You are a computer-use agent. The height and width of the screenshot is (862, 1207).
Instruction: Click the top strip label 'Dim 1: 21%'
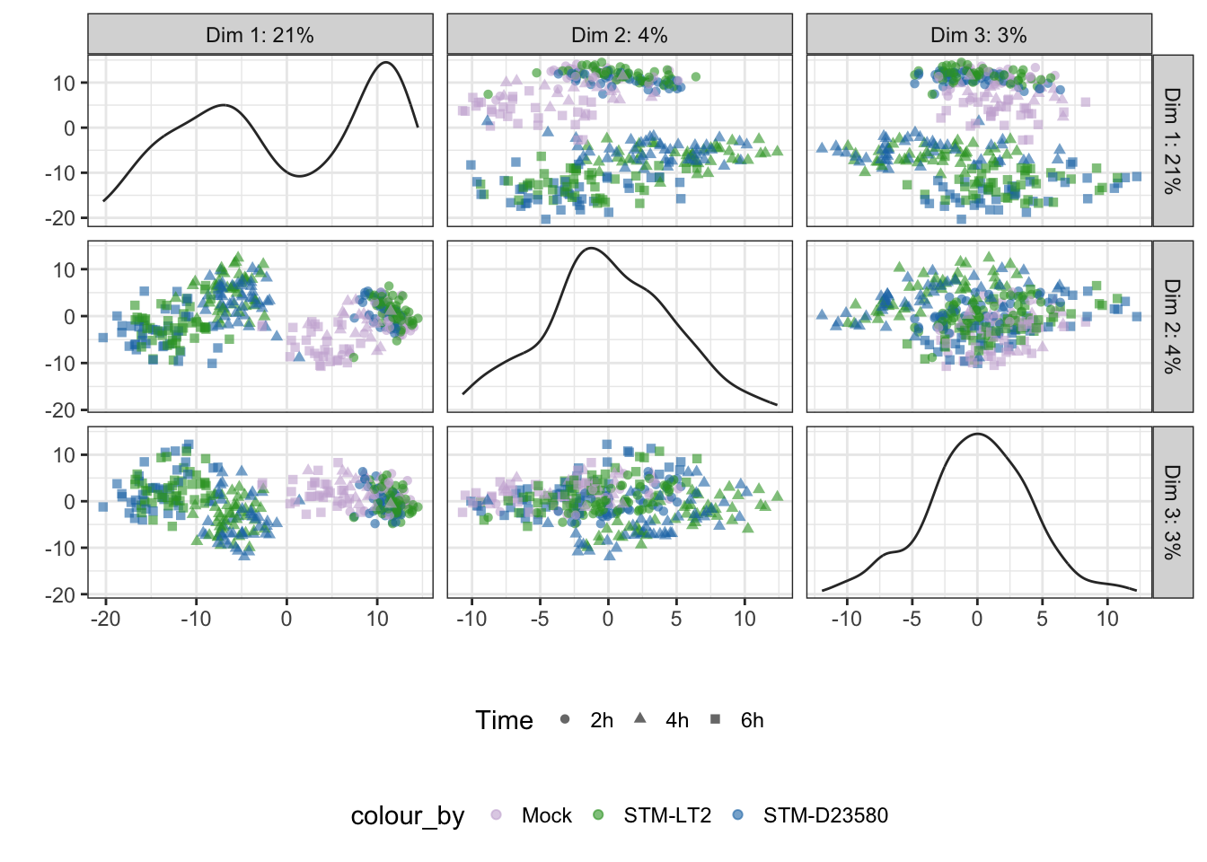(x=260, y=35)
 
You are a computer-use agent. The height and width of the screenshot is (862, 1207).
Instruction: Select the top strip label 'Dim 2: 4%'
(x=619, y=35)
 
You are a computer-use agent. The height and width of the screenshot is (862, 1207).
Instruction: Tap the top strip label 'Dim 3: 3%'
(x=979, y=35)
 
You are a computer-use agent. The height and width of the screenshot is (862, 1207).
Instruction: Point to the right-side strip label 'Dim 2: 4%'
(x=1173, y=327)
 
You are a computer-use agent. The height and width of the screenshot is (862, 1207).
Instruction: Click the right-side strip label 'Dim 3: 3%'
(x=1173, y=513)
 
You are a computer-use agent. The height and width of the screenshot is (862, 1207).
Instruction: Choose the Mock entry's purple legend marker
(x=496, y=815)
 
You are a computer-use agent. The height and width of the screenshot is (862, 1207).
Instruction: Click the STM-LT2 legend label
(x=667, y=815)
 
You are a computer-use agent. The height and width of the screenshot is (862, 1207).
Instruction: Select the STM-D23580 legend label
(x=825, y=815)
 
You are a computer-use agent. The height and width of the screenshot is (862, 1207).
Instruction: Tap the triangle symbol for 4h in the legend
(x=640, y=718)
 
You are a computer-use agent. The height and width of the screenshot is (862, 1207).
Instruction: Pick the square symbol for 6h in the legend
(x=716, y=719)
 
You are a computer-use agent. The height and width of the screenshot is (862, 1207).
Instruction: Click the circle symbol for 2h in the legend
(x=565, y=719)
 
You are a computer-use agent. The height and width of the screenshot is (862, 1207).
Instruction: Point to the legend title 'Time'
(x=504, y=720)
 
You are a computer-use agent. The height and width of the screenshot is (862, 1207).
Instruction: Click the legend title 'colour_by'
(x=408, y=817)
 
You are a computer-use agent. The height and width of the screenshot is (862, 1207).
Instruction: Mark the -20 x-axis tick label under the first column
(x=106, y=619)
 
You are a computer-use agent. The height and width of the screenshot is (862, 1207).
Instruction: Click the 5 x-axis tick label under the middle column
(x=676, y=619)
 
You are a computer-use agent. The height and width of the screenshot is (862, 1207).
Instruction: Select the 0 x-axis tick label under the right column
(x=977, y=619)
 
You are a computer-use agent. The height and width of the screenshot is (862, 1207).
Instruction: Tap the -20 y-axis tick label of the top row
(x=60, y=218)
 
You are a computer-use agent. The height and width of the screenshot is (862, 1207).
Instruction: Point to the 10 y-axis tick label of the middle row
(x=64, y=270)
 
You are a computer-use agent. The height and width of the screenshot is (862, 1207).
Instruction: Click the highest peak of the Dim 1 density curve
(x=386, y=63)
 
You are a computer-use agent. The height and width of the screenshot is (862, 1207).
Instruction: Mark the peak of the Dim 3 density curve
(x=977, y=434)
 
